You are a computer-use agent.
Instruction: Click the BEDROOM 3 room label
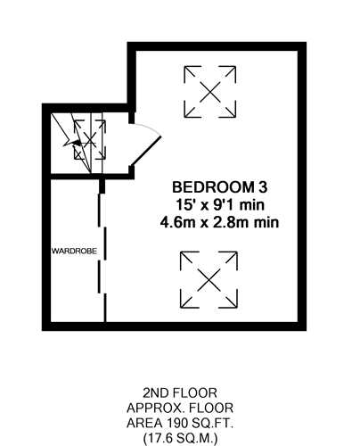click(220, 187)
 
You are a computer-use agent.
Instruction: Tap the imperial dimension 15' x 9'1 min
click(220, 205)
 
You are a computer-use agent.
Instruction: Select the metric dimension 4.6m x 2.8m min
click(220, 222)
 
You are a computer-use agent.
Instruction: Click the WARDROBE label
click(74, 252)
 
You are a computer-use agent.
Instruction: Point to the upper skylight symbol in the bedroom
click(210, 92)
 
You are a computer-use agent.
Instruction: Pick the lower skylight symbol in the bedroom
click(209, 280)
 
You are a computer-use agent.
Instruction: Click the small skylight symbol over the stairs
click(90, 139)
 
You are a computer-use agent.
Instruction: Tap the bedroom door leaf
click(146, 151)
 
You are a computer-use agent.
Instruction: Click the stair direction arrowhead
click(77, 143)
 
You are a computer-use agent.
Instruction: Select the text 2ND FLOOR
click(180, 393)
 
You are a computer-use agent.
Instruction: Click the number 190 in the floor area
click(176, 423)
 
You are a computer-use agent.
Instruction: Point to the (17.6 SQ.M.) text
click(180, 438)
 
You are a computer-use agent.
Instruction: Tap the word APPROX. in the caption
click(154, 408)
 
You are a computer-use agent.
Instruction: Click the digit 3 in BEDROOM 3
click(263, 187)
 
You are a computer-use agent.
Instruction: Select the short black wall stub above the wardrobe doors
click(102, 186)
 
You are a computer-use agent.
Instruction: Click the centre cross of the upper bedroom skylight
click(210, 92)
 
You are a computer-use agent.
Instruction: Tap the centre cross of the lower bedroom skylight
click(209, 280)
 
